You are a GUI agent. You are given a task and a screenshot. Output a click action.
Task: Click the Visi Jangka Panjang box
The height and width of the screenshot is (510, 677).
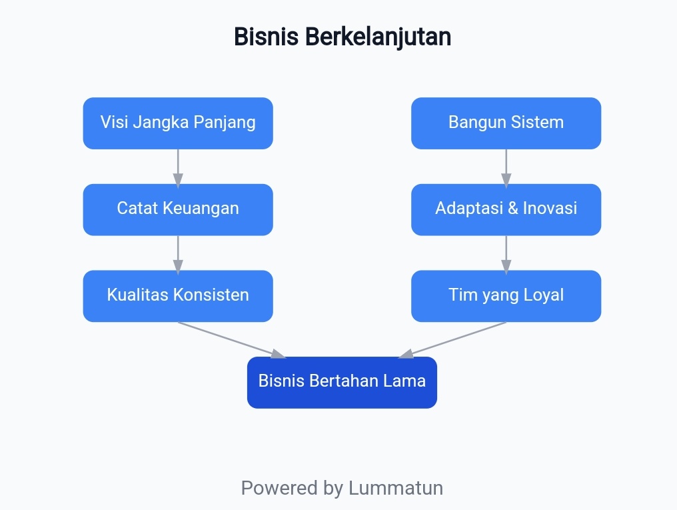click(178, 123)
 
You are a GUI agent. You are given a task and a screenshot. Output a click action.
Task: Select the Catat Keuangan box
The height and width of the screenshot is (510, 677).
click(178, 209)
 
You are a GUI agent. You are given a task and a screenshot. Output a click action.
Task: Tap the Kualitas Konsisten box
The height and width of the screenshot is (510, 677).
click(178, 295)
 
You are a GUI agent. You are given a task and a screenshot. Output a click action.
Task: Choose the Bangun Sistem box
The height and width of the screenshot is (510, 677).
click(506, 123)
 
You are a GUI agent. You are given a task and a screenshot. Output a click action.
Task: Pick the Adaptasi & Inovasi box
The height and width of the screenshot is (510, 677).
click(506, 209)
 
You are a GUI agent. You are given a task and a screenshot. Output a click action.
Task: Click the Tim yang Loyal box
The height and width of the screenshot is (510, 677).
click(506, 295)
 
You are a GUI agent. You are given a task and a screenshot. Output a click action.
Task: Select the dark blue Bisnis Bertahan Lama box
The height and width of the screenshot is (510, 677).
click(342, 382)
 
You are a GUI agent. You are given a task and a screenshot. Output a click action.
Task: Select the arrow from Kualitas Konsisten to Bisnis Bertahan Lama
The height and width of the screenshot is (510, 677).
click(230, 339)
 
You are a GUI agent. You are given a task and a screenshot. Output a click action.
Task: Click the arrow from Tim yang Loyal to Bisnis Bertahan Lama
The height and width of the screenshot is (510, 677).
click(454, 339)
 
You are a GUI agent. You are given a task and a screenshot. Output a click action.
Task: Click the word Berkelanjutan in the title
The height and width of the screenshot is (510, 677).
click(378, 37)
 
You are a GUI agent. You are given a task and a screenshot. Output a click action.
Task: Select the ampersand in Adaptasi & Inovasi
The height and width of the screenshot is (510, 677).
click(512, 209)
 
